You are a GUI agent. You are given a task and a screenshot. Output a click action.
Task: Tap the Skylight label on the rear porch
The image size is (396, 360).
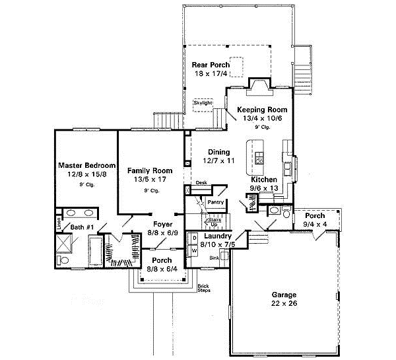tap(203, 103)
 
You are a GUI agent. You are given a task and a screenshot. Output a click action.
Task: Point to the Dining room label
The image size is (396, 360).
tap(218, 151)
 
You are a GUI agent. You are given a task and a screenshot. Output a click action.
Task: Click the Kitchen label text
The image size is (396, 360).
tap(264, 180)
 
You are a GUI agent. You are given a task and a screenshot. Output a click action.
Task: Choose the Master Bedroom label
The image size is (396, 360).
tap(86, 165)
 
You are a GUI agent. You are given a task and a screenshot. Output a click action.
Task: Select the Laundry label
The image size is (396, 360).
tap(216, 236)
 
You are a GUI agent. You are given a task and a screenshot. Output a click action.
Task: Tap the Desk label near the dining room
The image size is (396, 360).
tap(201, 182)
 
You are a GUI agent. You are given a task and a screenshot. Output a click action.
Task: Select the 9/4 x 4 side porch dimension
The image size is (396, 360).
tap(315, 223)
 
